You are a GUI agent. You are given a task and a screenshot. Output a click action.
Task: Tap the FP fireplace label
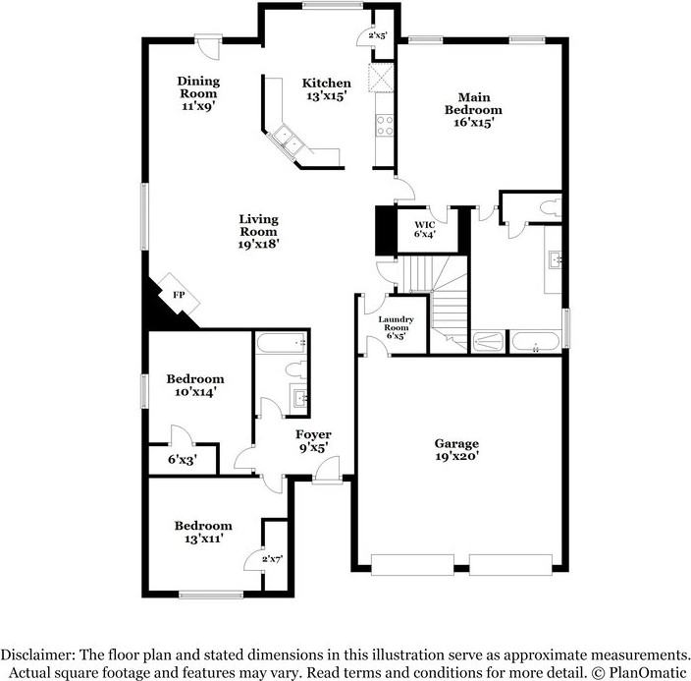click(x=179, y=295)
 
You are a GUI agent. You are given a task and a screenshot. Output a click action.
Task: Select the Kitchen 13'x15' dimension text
click(x=326, y=97)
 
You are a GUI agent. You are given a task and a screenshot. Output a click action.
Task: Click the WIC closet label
click(x=424, y=224)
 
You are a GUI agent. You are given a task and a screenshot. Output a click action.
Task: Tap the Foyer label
click(x=314, y=434)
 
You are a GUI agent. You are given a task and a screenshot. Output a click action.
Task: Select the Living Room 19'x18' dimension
click(x=259, y=245)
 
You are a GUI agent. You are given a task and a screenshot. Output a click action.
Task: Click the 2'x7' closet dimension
click(x=271, y=559)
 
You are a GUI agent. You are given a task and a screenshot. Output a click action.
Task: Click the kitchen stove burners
click(x=385, y=125)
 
